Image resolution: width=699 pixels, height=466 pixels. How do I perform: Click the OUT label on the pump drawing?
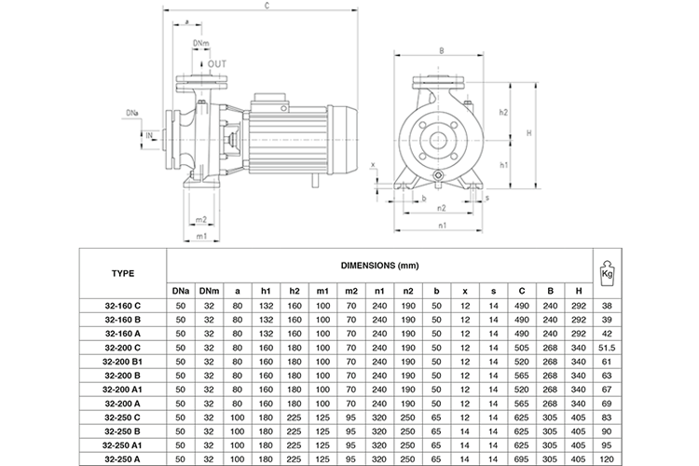(x=216, y=63)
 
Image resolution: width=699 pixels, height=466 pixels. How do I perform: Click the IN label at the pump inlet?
(x=149, y=134)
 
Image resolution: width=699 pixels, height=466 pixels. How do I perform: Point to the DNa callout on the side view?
(x=132, y=113)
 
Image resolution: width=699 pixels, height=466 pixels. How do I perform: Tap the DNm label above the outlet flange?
(x=200, y=43)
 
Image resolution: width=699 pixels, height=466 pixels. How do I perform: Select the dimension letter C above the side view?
(x=267, y=7)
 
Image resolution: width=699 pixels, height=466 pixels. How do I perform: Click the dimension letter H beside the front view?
(x=528, y=133)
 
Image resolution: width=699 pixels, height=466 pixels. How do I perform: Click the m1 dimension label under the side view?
(x=201, y=236)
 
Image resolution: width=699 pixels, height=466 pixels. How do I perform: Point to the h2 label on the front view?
(x=502, y=112)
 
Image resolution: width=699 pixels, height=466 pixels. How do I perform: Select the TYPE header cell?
(x=123, y=273)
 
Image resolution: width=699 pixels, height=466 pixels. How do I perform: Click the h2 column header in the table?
(x=295, y=291)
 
